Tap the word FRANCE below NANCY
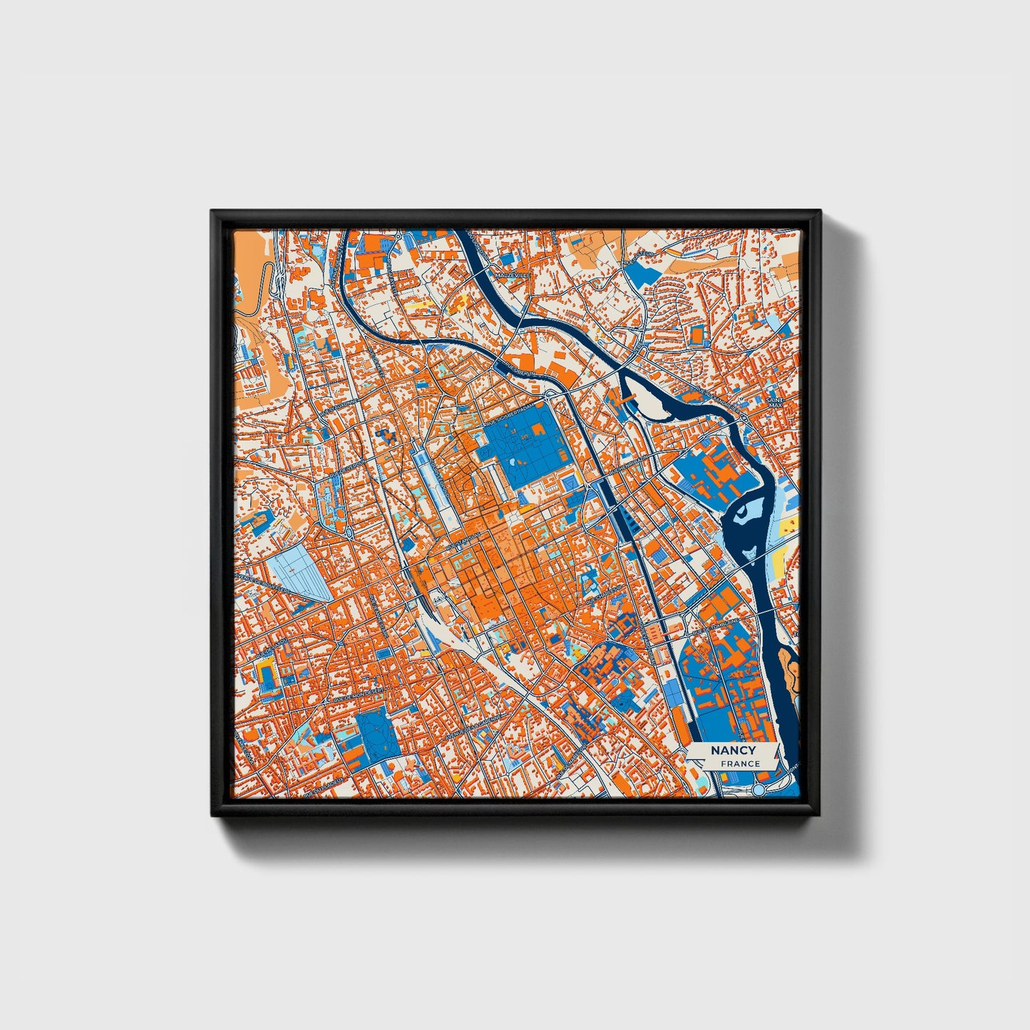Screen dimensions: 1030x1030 pyautogui.click(x=740, y=763)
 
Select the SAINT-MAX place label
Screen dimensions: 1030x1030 pyautogui.click(x=775, y=403)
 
